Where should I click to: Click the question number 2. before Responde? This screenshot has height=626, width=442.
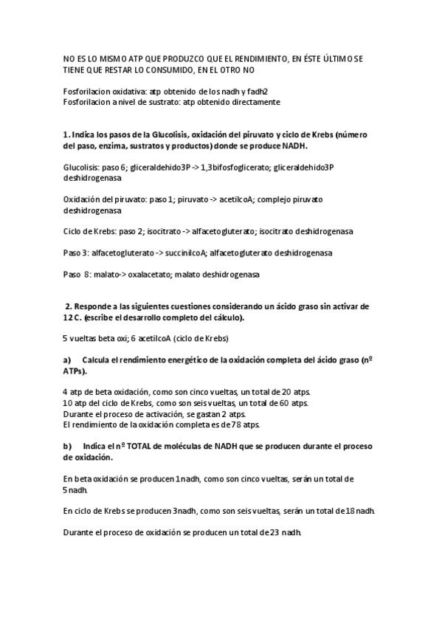[69, 306]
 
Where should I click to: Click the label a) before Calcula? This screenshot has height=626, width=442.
[67, 360]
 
